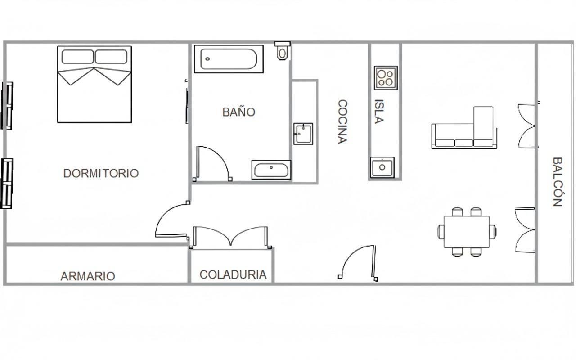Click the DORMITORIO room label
click(101, 173)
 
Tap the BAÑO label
click(239, 112)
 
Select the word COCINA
click(343, 121)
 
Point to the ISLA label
click(379, 111)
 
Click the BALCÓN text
click(557, 181)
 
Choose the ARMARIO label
click(88, 276)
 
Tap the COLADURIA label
click(233, 274)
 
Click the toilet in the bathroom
click(282, 51)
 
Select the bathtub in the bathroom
click(229, 59)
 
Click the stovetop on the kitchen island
click(386, 78)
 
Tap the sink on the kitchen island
click(382, 167)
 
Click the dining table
click(467, 232)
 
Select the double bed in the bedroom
click(94, 84)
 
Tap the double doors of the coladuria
click(231, 237)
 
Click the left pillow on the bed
click(77, 57)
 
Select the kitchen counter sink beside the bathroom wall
click(303, 134)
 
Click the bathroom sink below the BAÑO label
click(271, 170)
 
